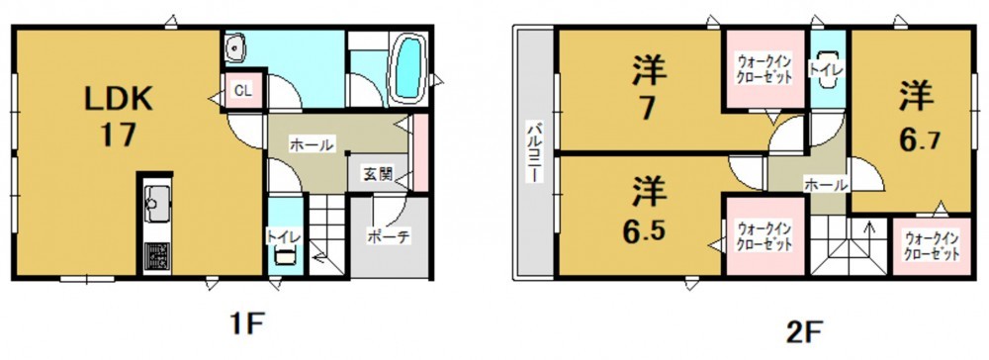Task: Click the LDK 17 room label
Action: point(119,116)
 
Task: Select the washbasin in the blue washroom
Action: point(236,47)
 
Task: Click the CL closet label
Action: point(243,91)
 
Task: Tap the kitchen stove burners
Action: point(155,256)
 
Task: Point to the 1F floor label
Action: point(243,326)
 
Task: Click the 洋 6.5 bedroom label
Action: point(645,212)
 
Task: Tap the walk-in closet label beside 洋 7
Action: point(764,70)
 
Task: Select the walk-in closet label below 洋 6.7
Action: point(931,246)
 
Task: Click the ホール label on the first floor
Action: point(311,145)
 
